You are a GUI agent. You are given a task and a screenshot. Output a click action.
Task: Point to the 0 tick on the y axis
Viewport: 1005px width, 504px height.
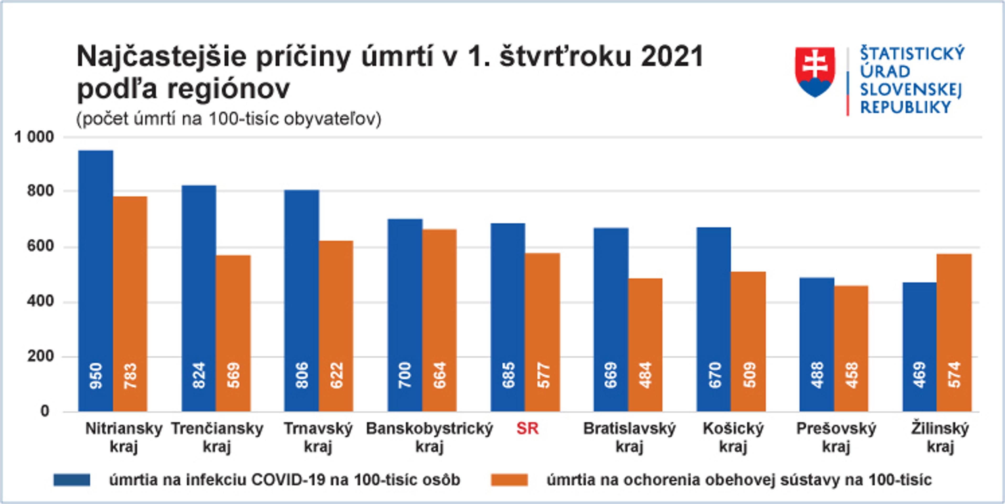coord(45,411)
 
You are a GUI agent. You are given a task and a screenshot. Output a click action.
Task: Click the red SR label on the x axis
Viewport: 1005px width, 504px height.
coord(527,429)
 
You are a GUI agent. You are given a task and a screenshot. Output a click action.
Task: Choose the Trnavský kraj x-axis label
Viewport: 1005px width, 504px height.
coord(318,437)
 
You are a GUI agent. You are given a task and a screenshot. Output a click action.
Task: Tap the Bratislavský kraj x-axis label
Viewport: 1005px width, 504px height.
coord(629,437)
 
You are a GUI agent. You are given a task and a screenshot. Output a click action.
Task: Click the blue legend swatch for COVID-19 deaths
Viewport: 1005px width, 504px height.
coord(72,480)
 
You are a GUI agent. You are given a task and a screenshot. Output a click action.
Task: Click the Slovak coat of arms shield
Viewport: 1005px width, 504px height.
coord(815,71)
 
